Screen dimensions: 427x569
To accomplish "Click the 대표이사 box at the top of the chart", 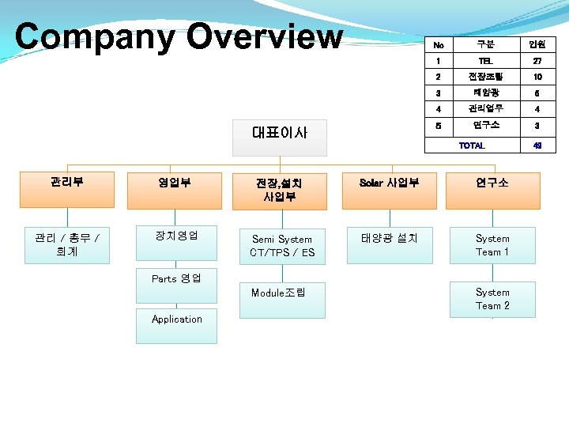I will click(x=279, y=132).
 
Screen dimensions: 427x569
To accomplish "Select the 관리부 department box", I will click(x=67, y=183).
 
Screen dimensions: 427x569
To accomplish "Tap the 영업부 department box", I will click(x=175, y=183).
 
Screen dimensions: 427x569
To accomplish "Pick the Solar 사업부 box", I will click(x=388, y=183).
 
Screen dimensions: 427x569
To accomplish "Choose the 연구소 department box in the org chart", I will click(x=492, y=183).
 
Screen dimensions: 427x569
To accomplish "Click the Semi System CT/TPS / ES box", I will click(x=282, y=246).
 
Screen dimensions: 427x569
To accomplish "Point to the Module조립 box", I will click(x=282, y=293).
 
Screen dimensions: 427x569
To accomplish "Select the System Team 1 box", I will click(x=492, y=245).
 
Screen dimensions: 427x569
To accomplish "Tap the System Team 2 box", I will click(x=492, y=299).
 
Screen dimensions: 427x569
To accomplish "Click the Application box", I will click(x=176, y=319).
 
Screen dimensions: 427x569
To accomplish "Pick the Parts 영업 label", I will click(x=176, y=279).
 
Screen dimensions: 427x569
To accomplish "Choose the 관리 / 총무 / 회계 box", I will click(x=67, y=244).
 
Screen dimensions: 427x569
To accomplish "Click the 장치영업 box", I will click(x=176, y=236).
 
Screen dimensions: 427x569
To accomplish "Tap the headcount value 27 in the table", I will click(x=537, y=60).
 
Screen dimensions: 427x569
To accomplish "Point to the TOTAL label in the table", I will click(x=472, y=146).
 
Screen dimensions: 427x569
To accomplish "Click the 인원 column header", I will click(x=537, y=43).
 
